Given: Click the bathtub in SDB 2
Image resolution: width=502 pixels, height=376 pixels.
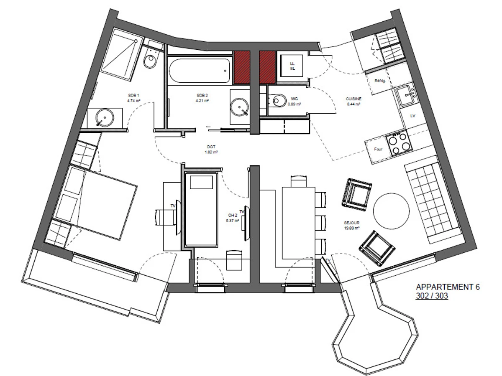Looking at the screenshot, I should tap(200, 71).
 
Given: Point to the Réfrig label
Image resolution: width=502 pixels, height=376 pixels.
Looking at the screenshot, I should tap(380, 81).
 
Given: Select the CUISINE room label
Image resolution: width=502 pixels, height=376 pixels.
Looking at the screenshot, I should tap(353, 99).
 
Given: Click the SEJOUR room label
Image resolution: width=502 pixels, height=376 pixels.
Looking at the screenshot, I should tap(352, 224).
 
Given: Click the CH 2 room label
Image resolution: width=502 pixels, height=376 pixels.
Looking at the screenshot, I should tap(233, 215).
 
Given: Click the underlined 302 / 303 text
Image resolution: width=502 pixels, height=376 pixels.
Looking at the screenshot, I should tap(432, 296).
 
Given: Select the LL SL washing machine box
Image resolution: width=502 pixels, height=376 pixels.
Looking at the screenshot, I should tap(293, 66).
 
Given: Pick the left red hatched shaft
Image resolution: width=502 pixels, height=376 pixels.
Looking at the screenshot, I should tap(242, 66).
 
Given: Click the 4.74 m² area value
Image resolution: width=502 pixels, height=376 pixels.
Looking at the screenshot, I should tap(133, 101).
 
